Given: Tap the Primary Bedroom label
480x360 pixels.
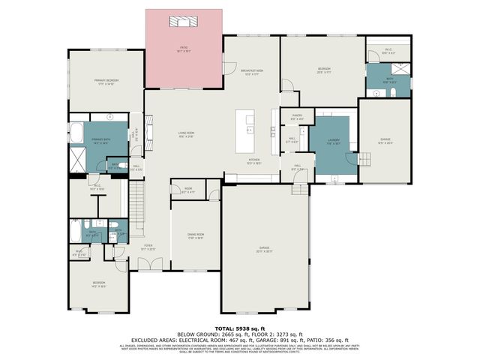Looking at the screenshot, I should pyautogui.click(x=106, y=82).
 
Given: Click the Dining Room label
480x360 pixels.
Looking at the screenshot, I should pyautogui.click(x=196, y=235).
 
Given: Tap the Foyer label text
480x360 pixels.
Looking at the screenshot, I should pyautogui.click(x=148, y=247).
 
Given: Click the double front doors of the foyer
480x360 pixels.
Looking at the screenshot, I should pyautogui.click(x=154, y=264).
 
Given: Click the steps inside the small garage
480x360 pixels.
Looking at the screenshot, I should pyautogui.click(x=365, y=159).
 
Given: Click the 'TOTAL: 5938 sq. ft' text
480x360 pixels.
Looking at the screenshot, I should pyautogui.click(x=239, y=328).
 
